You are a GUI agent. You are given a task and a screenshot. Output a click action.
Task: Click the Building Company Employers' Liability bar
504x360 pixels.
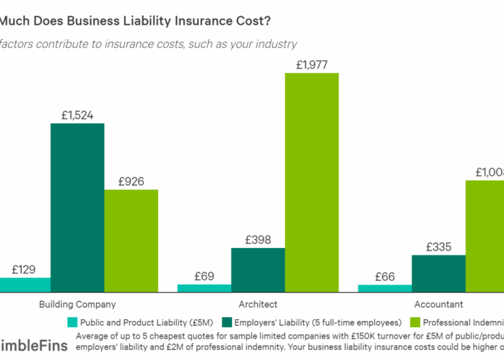pos(77,208)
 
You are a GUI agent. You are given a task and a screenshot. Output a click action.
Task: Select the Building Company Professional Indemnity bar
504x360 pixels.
pos(131,241)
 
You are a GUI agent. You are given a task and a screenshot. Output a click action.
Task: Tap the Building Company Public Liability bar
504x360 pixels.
pos(25,285)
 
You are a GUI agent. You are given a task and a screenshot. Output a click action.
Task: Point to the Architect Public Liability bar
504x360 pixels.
pos(204,289)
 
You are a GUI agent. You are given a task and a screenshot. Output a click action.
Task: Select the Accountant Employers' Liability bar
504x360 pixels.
pos(438,274)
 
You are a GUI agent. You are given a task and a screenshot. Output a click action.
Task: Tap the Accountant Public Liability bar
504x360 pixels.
pos(384,289)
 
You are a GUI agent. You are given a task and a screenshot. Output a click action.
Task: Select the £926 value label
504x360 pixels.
pos(131,181)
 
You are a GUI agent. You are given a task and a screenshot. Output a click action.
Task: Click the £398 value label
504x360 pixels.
pos(257,239)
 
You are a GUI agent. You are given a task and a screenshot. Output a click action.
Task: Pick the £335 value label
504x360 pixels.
pos(438,246)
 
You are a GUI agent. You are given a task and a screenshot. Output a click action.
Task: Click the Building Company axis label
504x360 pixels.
pos(77,304)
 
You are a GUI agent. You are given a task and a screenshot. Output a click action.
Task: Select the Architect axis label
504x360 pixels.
pos(258,304)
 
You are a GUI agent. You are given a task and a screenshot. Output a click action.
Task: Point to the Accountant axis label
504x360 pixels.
pos(438,304)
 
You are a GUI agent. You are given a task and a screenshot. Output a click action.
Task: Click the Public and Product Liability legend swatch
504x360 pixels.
pos(72,322)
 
